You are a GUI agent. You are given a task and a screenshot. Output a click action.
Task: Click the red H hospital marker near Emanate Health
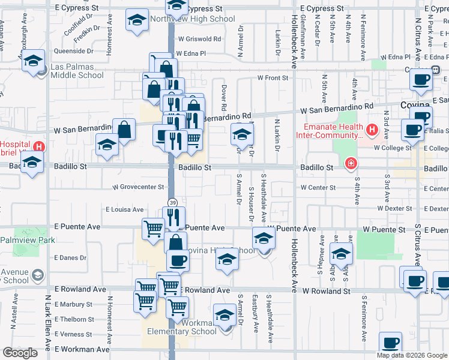pos(372,129)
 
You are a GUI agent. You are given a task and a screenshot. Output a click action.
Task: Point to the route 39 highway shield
pos(172,203)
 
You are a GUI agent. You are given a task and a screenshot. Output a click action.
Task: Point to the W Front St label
pos(273,77)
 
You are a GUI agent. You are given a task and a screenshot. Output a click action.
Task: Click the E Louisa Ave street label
pos(124,209)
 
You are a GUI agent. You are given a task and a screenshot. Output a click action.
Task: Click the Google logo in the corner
pos(20,353)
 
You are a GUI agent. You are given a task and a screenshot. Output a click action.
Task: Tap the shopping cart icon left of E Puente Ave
pos(153,227)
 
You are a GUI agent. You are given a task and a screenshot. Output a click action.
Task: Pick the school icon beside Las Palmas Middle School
pos(34,61)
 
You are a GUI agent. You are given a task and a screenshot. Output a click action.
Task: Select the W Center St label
pos(318,188)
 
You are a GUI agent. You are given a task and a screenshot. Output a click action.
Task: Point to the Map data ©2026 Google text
pos(412,355)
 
